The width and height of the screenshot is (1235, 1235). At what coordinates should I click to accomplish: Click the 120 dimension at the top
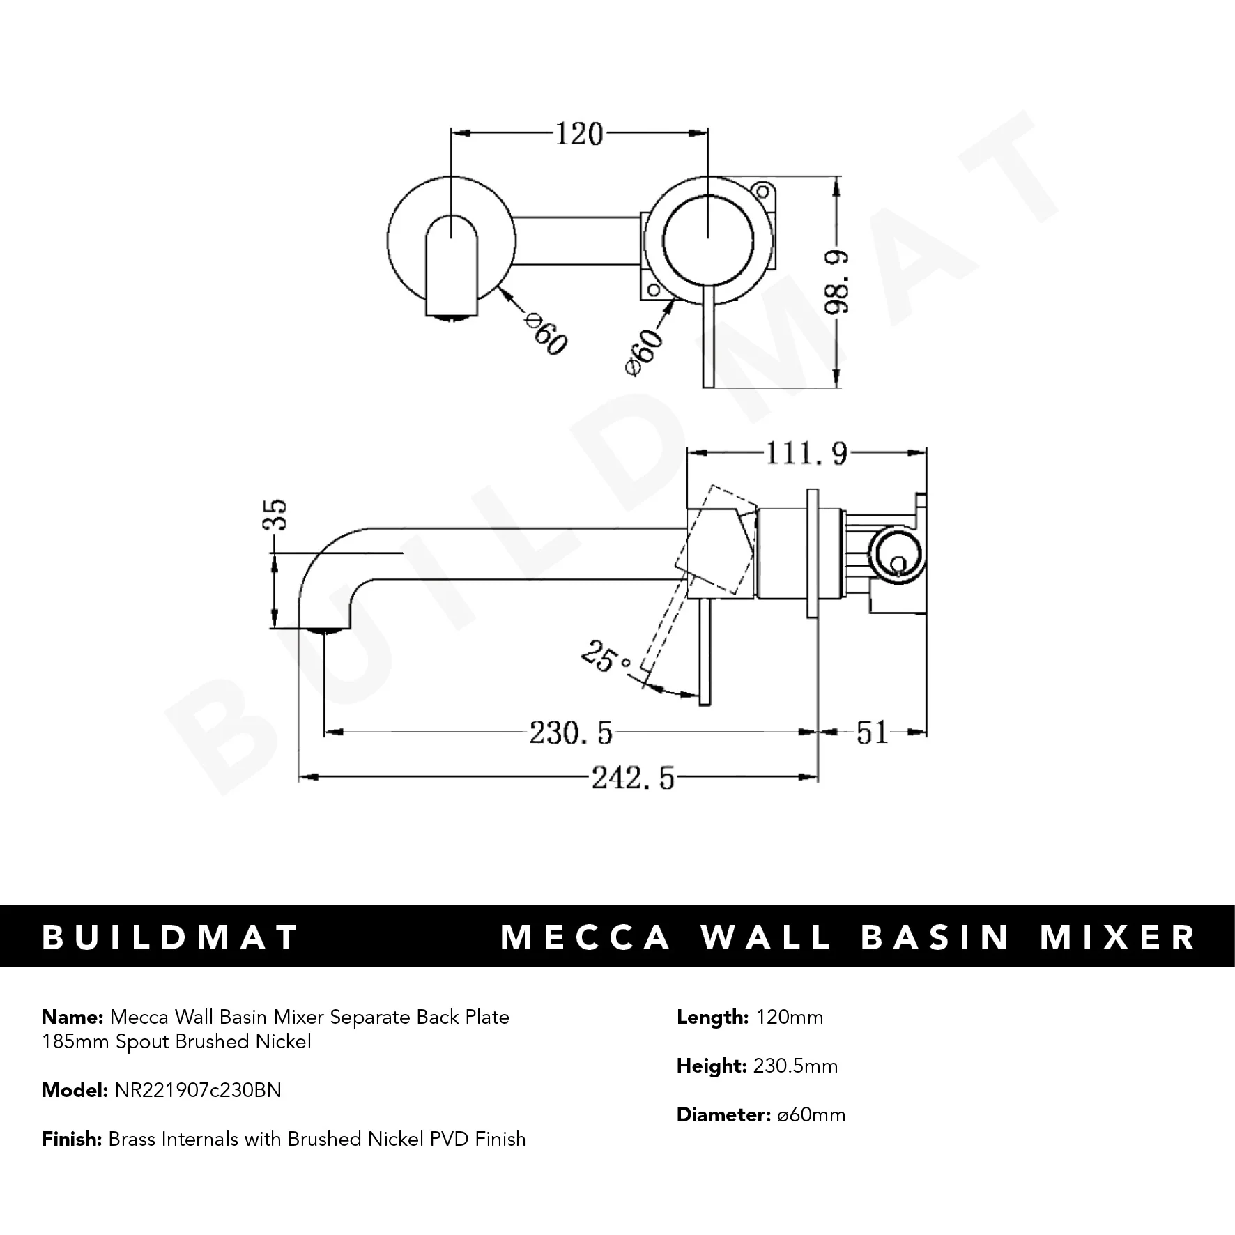pos(578,134)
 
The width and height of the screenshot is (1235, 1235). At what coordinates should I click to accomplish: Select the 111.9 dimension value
pos(806,454)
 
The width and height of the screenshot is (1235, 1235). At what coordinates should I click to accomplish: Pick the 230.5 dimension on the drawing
pos(571,732)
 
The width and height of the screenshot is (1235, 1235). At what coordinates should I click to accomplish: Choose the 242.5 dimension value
pos(633,777)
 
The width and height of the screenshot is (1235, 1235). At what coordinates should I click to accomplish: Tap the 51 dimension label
pos(872,732)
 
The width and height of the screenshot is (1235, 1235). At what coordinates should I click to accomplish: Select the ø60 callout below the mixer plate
pos(645,353)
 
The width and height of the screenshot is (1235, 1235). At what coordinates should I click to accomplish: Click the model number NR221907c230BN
pos(197,1090)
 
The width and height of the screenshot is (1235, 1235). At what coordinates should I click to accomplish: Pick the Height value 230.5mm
pos(795,1066)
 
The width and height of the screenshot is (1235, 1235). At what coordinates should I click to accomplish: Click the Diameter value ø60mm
pos(811,1114)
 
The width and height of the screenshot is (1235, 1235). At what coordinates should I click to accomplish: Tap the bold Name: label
pos(72,1017)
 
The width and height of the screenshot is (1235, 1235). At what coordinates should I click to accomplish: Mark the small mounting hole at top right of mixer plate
pos(765,192)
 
